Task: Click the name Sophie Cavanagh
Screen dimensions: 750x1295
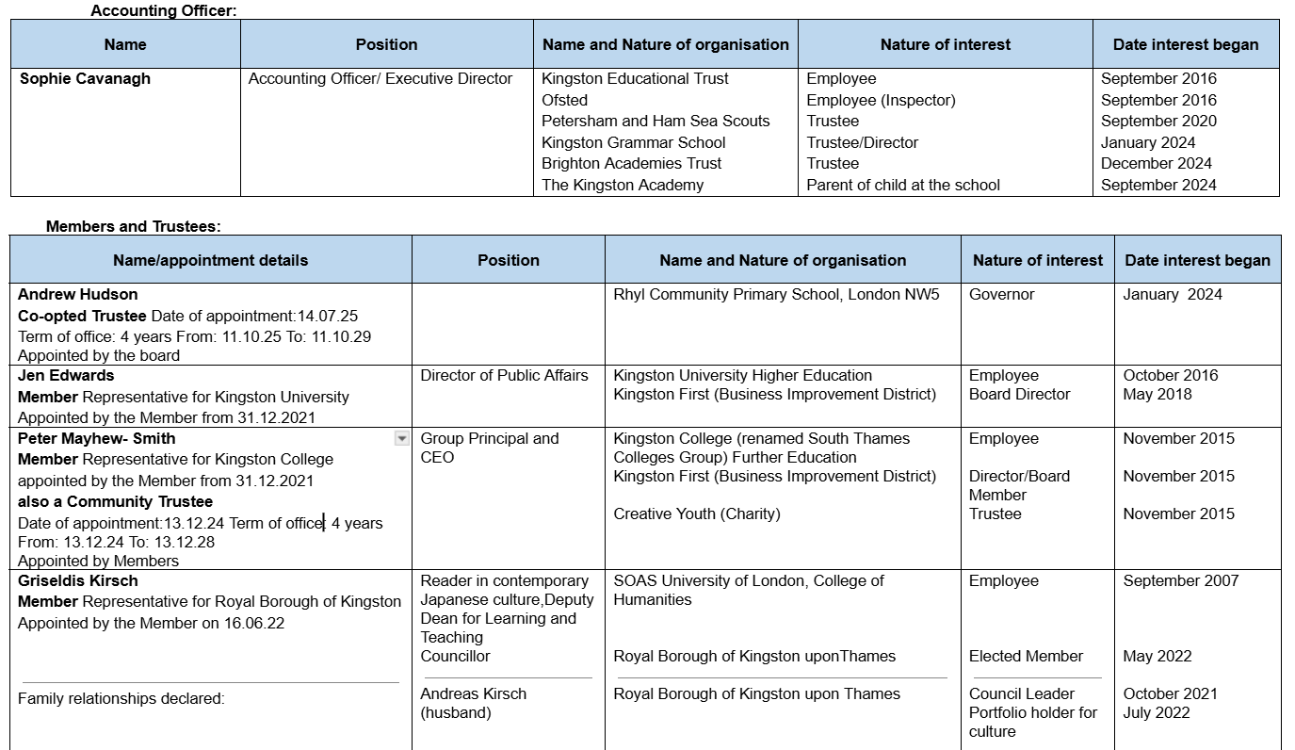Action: [x=85, y=79]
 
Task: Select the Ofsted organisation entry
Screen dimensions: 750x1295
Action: [x=564, y=100]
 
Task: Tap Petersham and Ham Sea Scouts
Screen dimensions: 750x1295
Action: [x=656, y=121]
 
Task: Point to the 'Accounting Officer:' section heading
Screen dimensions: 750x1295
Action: [x=163, y=10]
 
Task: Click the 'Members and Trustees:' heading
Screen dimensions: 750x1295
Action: [x=133, y=226]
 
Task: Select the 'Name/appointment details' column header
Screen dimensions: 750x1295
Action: [x=210, y=260]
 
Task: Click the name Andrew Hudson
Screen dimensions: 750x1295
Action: [x=77, y=294]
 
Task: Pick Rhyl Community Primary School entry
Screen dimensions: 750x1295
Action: [x=776, y=294]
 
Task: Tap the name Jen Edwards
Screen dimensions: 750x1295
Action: [x=66, y=375]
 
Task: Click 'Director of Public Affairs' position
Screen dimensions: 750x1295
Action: [x=504, y=375]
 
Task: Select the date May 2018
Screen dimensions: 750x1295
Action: [x=1158, y=394]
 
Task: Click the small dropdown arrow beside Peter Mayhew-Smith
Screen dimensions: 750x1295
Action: [x=402, y=438]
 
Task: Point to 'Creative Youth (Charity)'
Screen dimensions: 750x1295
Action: [x=697, y=514]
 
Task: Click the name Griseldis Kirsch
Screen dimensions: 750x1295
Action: [x=77, y=580]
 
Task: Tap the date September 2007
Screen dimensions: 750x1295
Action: [x=1180, y=580]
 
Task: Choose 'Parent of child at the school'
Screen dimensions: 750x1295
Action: [x=903, y=185]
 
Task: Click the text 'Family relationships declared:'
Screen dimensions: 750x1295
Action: [x=121, y=699]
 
